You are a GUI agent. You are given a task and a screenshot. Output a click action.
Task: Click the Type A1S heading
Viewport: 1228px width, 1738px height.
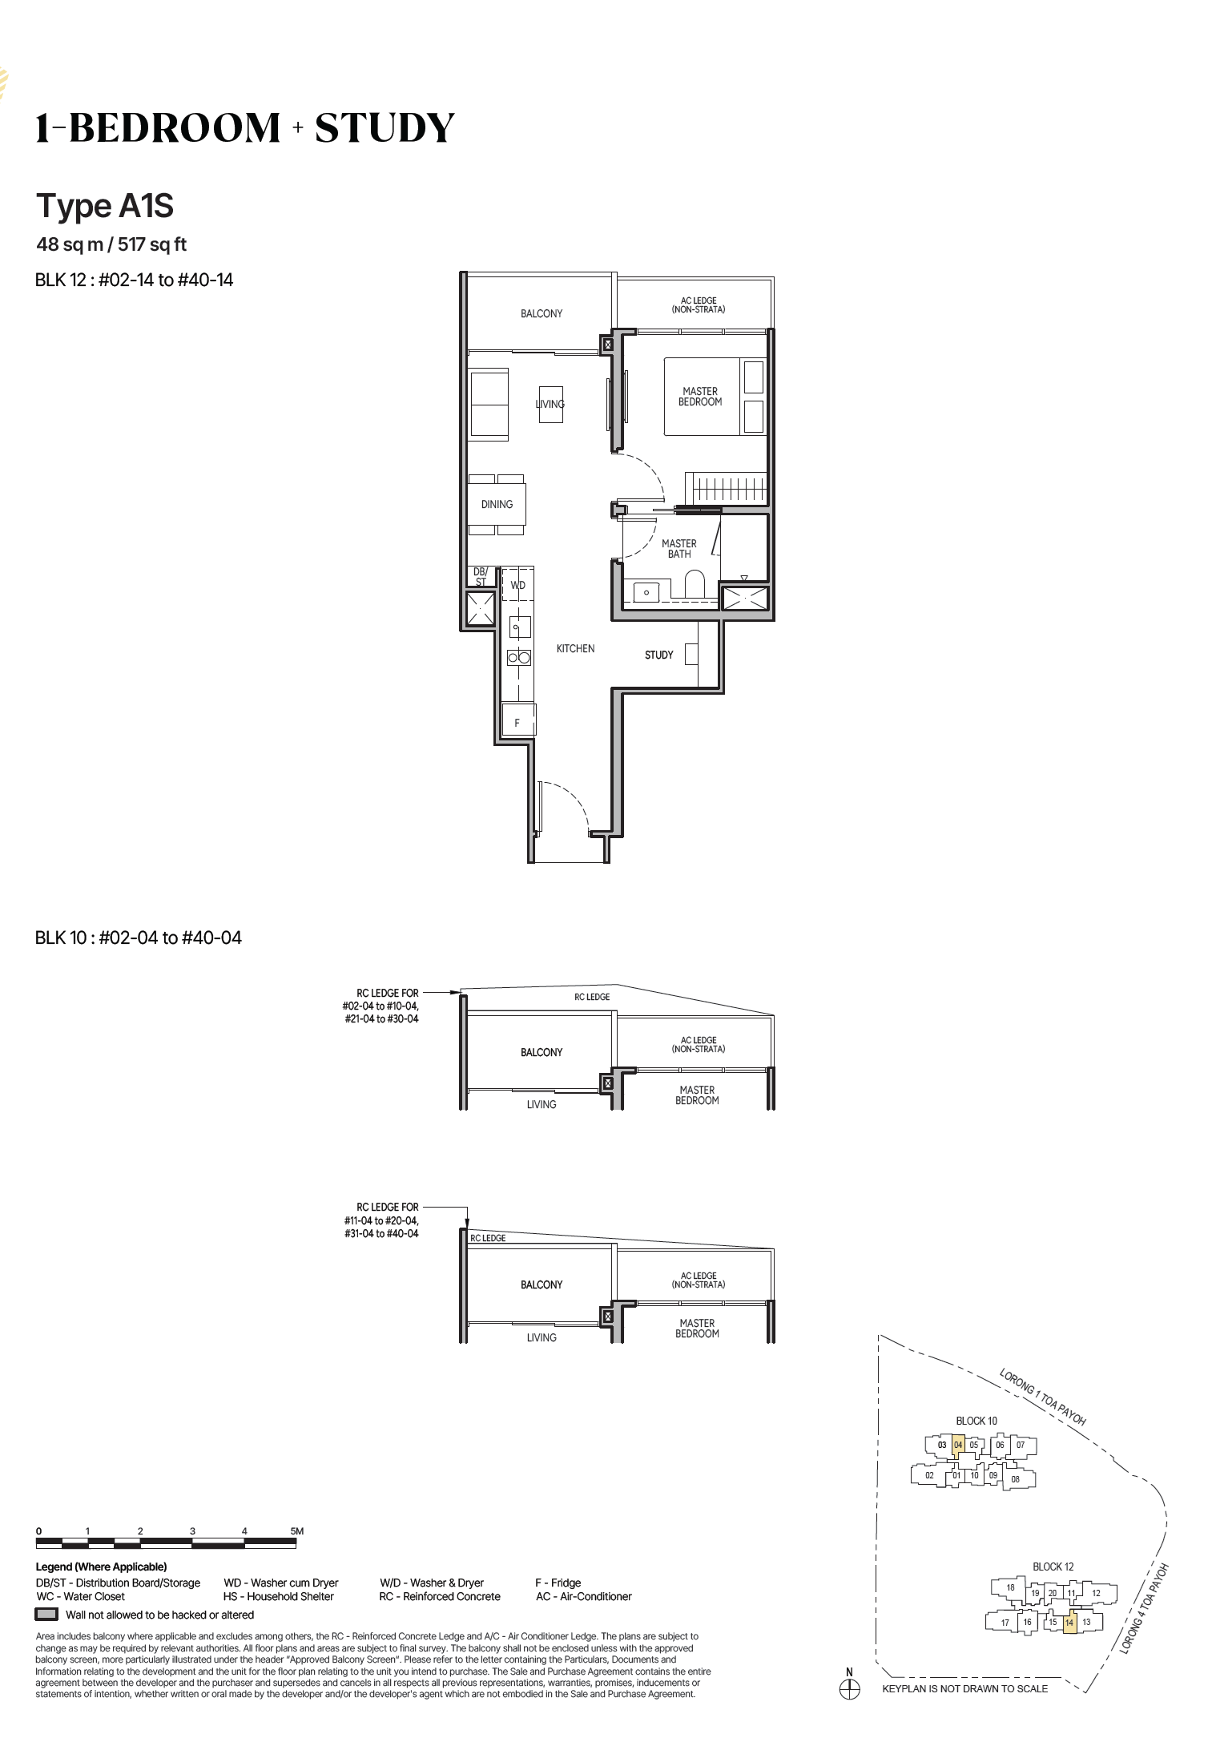coord(105,206)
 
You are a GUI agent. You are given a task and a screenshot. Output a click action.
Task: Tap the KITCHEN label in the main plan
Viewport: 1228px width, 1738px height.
coord(575,648)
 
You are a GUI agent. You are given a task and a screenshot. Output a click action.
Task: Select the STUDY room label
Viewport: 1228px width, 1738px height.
coord(659,655)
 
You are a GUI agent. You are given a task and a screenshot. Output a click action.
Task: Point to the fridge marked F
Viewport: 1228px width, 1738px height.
coord(518,719)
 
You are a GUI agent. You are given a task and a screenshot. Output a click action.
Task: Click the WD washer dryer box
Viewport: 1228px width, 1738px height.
coord(517,585)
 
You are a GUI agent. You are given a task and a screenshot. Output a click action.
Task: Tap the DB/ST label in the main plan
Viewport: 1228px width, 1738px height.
coord(481,577)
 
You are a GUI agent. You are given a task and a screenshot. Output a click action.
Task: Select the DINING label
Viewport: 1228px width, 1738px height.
coord(497,504)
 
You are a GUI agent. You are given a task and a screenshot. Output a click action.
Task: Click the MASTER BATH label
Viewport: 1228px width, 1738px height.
coord(679,549)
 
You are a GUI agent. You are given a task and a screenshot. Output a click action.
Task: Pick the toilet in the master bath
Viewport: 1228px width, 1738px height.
coord(695,585)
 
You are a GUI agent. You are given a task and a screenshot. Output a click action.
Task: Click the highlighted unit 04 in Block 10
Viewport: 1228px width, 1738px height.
coord(958,1446)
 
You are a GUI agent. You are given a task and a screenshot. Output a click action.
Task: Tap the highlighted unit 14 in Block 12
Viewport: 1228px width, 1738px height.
coord(1069,1623)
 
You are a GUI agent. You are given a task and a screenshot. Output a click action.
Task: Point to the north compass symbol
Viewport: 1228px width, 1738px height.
coord(849,1687)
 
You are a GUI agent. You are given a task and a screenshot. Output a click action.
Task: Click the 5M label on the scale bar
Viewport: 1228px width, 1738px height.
coord(296,1531)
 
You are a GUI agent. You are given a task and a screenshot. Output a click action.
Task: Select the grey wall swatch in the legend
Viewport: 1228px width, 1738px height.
coord(47,1615)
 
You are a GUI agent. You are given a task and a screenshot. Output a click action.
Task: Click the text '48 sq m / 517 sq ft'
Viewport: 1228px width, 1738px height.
coord(111,244)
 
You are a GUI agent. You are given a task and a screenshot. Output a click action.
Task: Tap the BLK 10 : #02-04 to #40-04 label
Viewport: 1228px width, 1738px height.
coord(139,938)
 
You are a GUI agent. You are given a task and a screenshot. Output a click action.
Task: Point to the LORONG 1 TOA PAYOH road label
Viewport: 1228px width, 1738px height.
coord(1042,1397)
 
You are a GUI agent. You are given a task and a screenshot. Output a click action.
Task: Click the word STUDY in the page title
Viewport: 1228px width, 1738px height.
coord(385,128)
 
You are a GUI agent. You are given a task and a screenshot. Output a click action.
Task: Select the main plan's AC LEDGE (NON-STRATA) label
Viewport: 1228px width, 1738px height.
coord(699,305)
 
